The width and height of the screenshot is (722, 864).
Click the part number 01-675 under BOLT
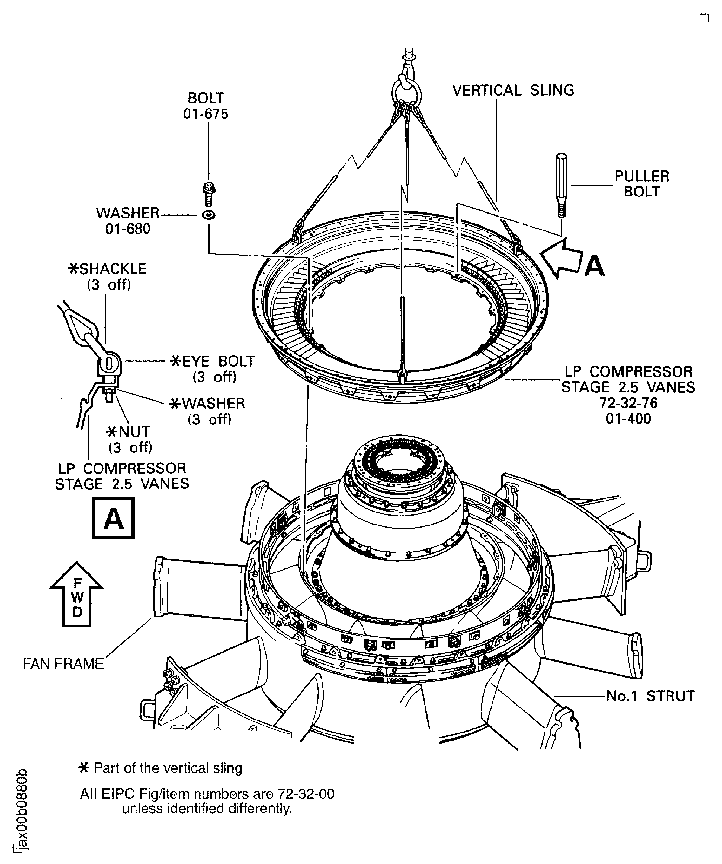[206, 114]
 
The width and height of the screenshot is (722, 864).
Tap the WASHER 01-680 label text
[128, 221]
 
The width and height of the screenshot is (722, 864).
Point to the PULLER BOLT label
[642, 184]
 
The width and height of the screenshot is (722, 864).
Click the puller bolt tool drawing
[562, 185]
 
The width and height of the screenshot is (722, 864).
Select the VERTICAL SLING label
[513, 90]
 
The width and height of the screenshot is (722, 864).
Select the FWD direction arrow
[76, 594]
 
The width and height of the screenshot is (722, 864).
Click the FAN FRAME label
[63, 664]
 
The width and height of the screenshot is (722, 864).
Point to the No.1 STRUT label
[650, 696]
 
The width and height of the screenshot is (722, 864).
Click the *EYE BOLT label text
[213, 361]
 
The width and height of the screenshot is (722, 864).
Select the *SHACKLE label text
[107, 269]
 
